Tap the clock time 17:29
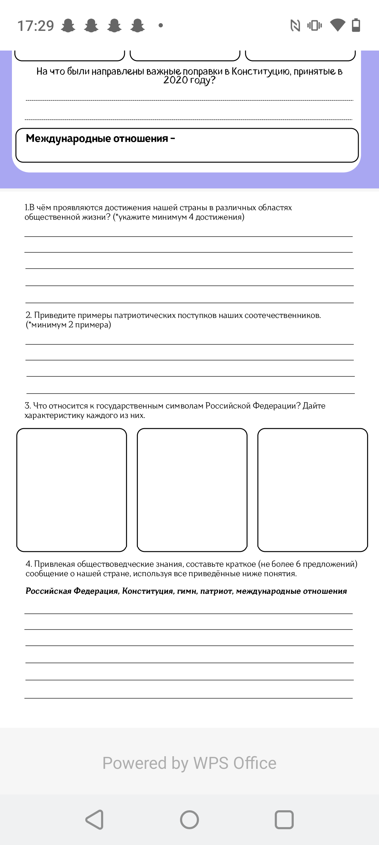(35, 26)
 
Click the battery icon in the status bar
(356, 25)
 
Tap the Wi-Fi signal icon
(338, 25)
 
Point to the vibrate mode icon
(314, 25)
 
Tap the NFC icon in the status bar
(295, 25)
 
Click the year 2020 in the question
(175, 80)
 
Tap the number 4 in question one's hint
(191, 217)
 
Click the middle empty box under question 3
(192, 490)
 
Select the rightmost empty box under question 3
(312, 490)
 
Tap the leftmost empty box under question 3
(72, 490)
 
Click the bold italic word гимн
(187, 591)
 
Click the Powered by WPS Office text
(189, 763)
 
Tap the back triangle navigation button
(95, 820)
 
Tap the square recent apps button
(284, 820)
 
